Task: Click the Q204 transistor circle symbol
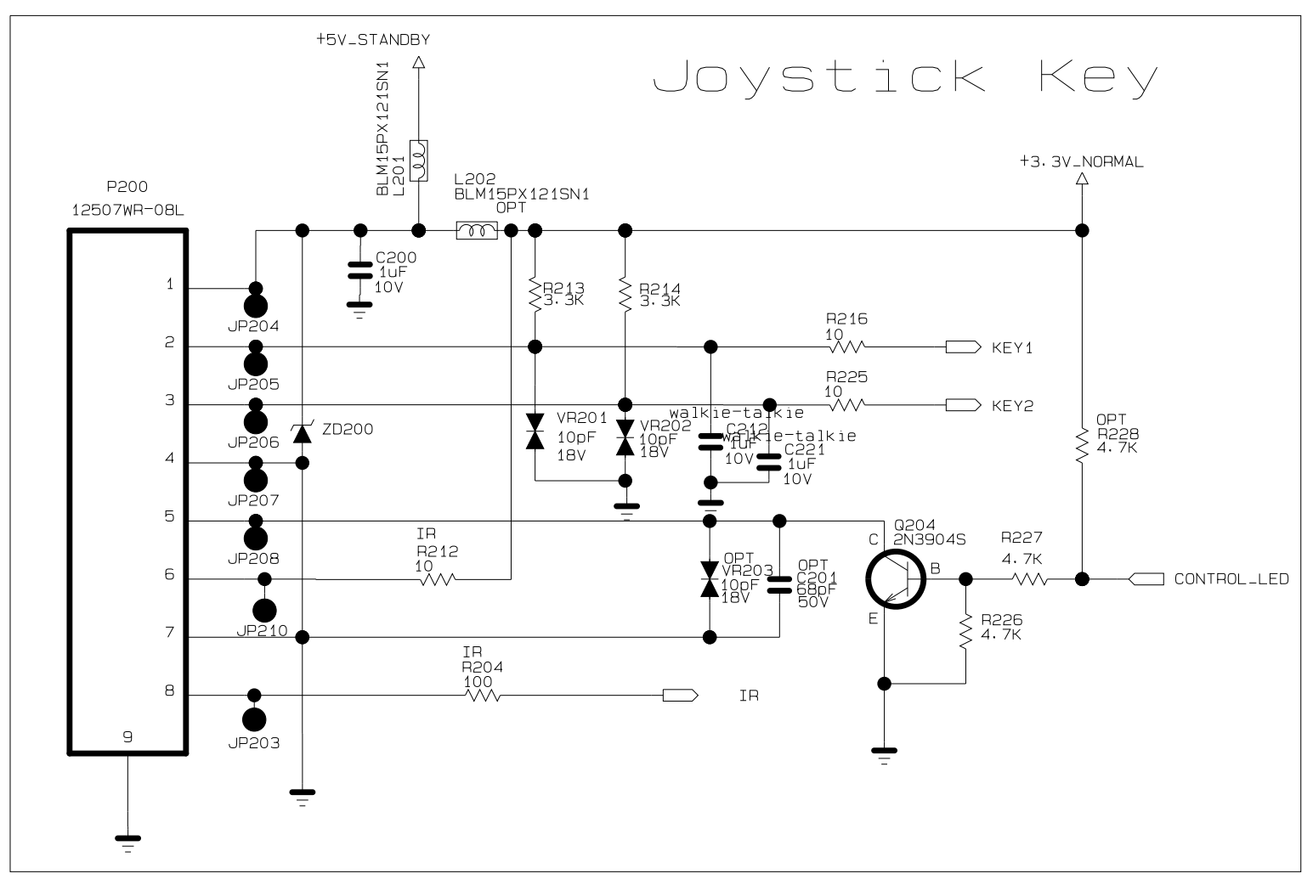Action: click(894, 579)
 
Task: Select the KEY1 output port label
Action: click(1011, 348)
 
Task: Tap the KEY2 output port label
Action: click(1011, 406)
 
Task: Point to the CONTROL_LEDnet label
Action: click(1231, 580)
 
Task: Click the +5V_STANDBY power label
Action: click(372, 39)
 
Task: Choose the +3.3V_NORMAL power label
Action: click(1081, 161)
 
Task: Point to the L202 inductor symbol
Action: click(477, 231)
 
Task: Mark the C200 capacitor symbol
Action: click(360, 270)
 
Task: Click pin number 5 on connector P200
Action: click(170, 516)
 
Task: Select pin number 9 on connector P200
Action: click(127, 737)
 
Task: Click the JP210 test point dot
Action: click(265, 609)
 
